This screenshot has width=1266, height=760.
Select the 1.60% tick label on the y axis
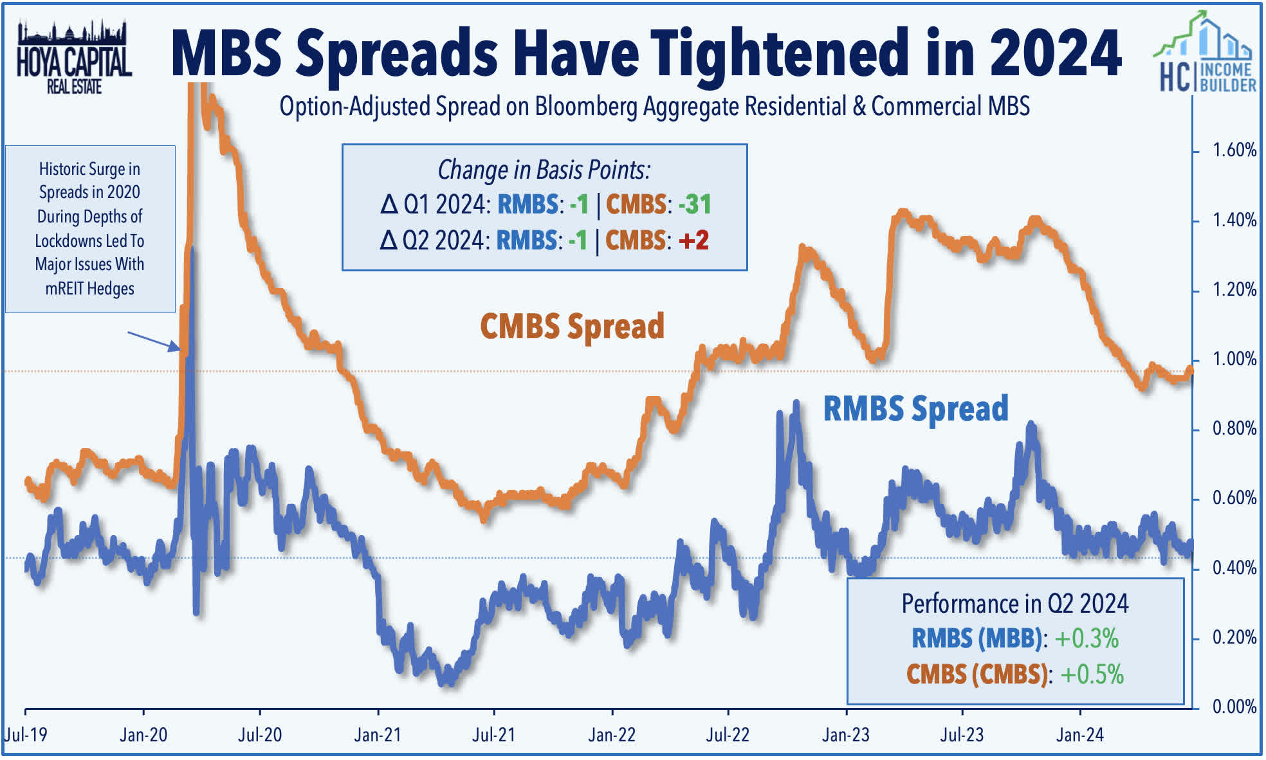point(1234,150)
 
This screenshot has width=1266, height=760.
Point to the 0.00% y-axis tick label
point(1234,707)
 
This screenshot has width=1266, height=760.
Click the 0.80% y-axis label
point(1234,429)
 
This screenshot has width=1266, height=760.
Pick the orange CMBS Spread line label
point(572,327)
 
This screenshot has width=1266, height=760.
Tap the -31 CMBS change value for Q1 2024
point(695,204)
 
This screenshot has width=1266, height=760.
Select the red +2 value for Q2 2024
point(693,240)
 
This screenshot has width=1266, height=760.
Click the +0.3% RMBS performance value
point(1087,638)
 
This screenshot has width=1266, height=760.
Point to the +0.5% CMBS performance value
point(1092,674)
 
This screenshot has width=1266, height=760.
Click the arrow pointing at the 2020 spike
point(154,341)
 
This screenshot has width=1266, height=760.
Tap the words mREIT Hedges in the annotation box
point(89,289)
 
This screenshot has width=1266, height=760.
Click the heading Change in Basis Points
point(544,170)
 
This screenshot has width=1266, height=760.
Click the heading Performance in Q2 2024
point(1014,604)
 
